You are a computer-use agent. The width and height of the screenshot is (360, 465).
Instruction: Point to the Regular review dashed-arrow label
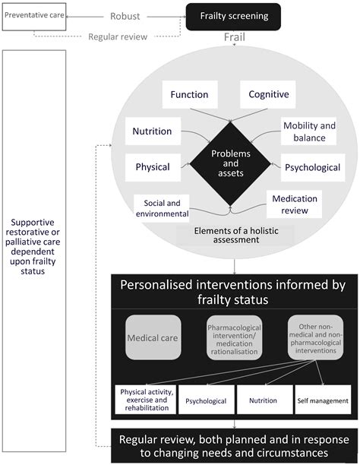pyautogui.click(x=118, y=36)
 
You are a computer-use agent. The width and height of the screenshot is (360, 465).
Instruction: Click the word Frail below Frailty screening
pyautogui.click(x=234, y=37)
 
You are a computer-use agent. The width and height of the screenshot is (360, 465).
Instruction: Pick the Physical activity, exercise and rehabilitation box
pyautogui.click(x=144, y=399)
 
